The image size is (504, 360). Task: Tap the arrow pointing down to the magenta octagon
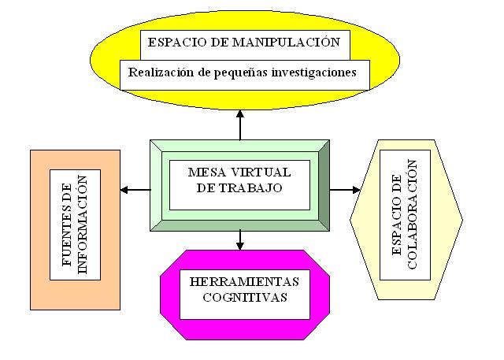pos(240,244)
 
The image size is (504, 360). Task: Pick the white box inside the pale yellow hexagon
pos(405,214)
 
